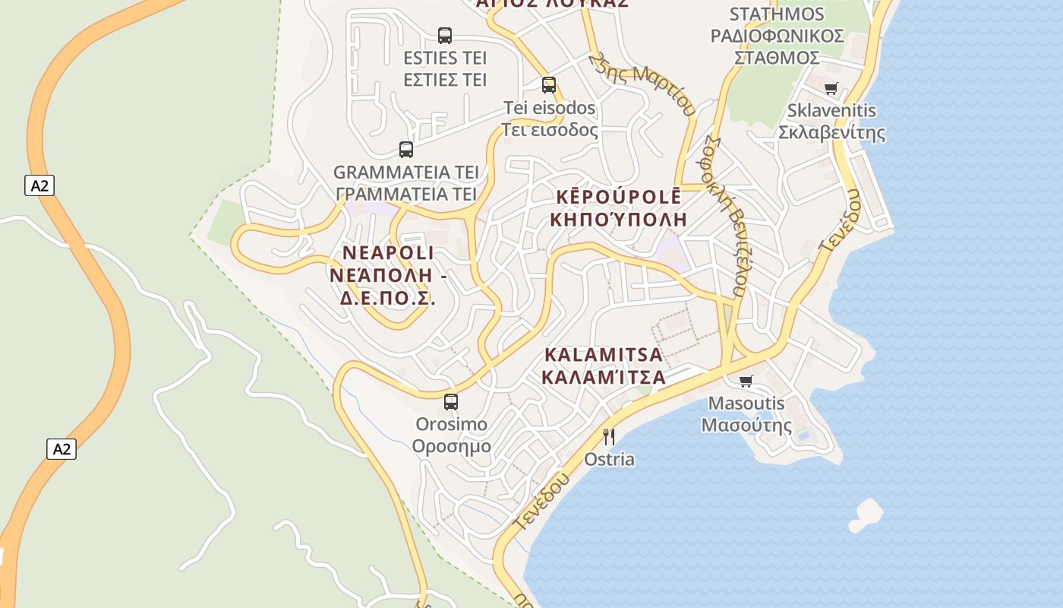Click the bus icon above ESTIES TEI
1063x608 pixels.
[445, 35]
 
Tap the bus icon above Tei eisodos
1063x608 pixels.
[549, 84]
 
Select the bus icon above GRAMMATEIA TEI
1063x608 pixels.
[406, 149]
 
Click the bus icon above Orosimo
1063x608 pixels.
[451, 401]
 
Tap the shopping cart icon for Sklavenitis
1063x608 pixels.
[831, 88]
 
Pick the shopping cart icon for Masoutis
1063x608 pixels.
[746, 380]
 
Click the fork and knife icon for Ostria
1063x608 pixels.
[608, 436]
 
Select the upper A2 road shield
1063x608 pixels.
[39, 185]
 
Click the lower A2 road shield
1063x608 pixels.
[62, 448]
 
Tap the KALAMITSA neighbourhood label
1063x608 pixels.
[604, 355]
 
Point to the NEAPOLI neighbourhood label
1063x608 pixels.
[388, 252]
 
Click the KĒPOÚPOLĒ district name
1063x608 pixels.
[619, 197]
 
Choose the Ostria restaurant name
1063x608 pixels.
[609, 460]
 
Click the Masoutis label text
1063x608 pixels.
[746, 404]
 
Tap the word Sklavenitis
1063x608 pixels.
[831, 111]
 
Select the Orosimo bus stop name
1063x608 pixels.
[451, 424]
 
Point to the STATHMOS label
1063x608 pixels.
[776, 14]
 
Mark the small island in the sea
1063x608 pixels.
[866, 515]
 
